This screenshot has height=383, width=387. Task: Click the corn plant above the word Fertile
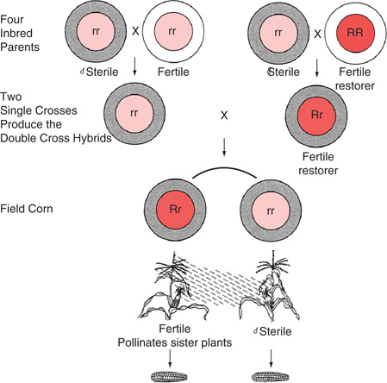[x=172, y=285]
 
